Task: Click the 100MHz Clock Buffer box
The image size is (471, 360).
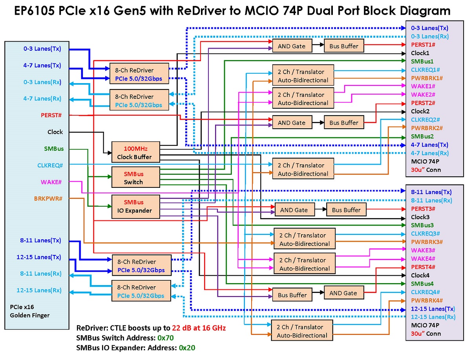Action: coord(136,152)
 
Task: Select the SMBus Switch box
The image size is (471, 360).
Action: coord(136,177)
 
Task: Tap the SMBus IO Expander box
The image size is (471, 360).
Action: coord(136,207)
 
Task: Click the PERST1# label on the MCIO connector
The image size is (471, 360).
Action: coord(423,45)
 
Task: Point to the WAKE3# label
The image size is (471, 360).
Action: coord(423,250)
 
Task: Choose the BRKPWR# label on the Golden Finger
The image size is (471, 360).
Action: coord(48,198)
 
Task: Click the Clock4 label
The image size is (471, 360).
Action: coord(420,275)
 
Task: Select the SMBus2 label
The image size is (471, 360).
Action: coord(422,136)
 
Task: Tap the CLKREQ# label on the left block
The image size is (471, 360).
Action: coord(50,165)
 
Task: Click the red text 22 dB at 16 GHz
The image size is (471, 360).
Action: coord(199,328)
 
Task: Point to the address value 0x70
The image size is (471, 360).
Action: coord(166,338)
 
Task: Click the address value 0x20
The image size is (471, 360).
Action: coord(187,348)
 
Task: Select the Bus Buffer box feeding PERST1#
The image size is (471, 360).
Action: coord(344,45)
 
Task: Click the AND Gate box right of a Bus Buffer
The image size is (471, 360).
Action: coord(343,293)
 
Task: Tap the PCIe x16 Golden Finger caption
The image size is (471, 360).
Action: coord(29,311)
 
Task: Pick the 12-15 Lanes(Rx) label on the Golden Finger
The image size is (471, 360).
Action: coord(39,290)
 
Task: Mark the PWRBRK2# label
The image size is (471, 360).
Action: coord(427,128)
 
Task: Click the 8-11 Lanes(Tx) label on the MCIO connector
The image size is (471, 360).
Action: coord(431,192)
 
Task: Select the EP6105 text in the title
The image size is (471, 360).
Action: coord(34,11)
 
